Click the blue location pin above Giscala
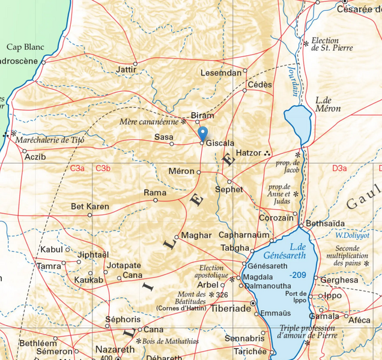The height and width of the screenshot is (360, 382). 202,133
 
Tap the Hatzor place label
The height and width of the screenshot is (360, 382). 249,154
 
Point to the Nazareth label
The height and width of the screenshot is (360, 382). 115,349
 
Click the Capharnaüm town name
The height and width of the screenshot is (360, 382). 244,235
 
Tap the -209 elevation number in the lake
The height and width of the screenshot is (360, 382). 297,274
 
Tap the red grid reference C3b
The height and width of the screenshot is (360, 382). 103,169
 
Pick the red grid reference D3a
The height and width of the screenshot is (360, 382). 339,169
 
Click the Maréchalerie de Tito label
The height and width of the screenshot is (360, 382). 50,140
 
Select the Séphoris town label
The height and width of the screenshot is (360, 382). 123,319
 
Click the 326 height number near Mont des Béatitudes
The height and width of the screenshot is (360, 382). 222,295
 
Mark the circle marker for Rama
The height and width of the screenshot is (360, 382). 156,200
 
